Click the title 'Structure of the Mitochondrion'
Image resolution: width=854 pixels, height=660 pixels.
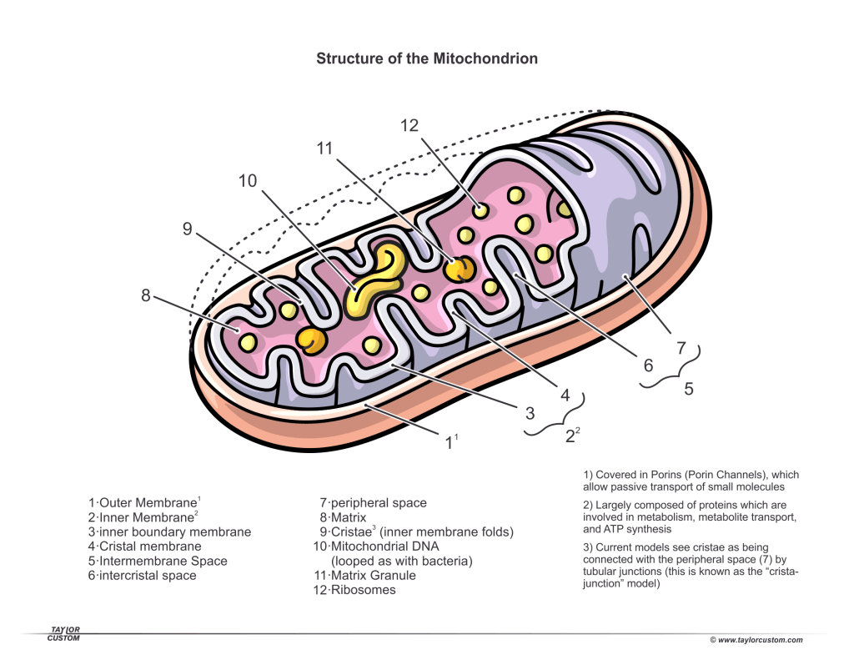(427, 59)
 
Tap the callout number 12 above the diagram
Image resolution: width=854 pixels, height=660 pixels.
(409, 126)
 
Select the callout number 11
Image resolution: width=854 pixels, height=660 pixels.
(324, 148)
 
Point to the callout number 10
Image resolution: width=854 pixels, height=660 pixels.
(248, 180)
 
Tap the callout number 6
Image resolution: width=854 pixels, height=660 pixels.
(648, 365)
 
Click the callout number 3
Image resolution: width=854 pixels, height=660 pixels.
(530, 411)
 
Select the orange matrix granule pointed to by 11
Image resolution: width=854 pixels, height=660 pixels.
(459, 268)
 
